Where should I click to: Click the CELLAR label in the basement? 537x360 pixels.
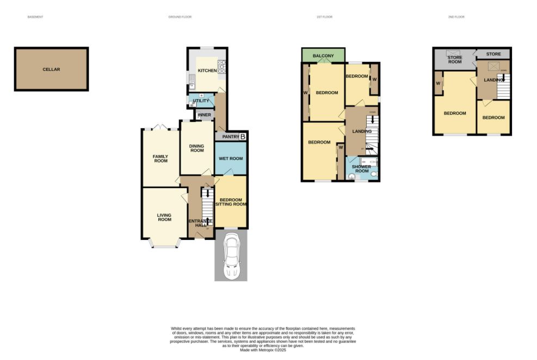(51, 70)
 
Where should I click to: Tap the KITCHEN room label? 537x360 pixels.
(207, 71)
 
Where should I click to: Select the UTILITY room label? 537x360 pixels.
(201, 101)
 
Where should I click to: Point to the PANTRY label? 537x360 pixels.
(230, 137)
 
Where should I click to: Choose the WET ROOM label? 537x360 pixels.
(231, 158)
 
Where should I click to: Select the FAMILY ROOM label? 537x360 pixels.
(160, 159)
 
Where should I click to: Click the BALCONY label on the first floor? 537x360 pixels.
(323, 56)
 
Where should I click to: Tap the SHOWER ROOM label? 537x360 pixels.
(362, 169)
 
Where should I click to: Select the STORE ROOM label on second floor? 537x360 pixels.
(454, 59)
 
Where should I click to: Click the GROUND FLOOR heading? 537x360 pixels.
(180, 17)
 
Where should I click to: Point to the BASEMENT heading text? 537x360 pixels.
(35, 17)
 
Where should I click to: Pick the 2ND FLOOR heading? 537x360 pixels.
(456, 17)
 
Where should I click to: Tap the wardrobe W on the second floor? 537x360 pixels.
(438, 83)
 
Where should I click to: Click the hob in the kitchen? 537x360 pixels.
(222, 68)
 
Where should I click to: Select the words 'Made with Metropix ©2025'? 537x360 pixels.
(263, 350)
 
